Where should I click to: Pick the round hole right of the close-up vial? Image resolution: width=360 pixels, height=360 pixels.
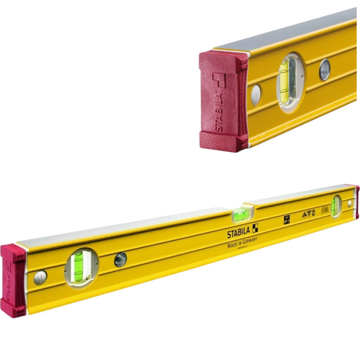tap(325, 70)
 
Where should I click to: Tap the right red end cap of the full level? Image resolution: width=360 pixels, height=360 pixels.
tap(357, 202)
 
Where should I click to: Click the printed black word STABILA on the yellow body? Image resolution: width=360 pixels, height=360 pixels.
tap(231, 232)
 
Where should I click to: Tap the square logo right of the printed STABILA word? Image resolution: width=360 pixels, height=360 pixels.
tap(254, 228)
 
